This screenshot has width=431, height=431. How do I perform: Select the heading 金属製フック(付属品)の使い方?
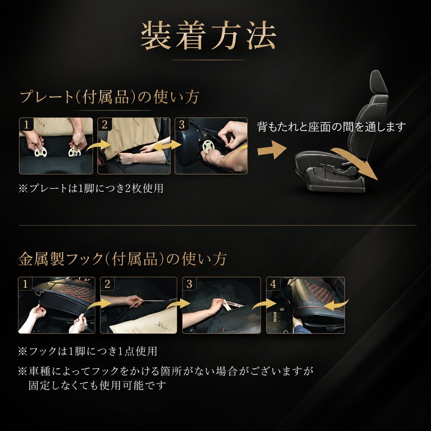point(122,259)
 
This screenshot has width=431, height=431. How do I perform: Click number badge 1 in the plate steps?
point(26,124)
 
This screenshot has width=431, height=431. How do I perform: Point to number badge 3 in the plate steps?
point(181,124)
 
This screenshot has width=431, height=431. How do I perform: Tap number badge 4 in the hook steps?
point(273,284)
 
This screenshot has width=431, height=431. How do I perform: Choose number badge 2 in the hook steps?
point(107,284)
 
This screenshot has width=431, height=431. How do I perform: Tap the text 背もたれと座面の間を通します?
point(331,127)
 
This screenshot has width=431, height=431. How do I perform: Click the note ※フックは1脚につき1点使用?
point(88,351)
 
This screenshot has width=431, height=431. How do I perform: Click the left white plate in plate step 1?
point(41,152)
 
